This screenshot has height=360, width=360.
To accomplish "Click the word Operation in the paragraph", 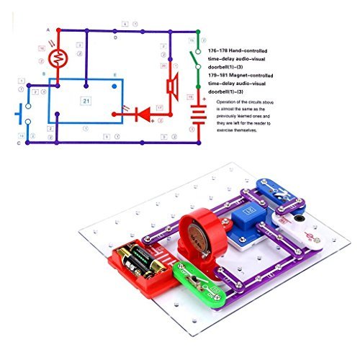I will point(231,103).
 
